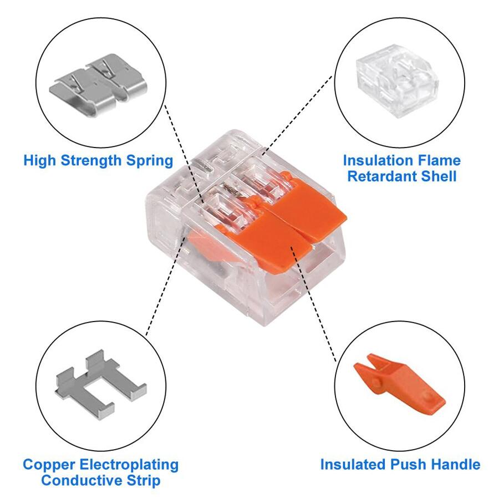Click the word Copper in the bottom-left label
tap(49, 464)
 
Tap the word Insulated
tap(353, 464)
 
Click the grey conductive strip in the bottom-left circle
tap(100, 383)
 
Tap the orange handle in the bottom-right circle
tap(399, 383)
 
